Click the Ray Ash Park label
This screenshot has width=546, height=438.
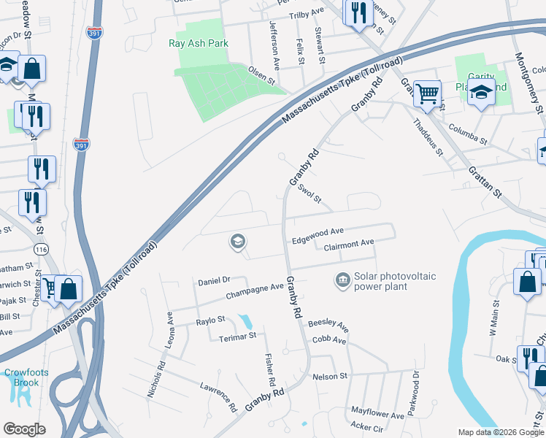click(199, 43)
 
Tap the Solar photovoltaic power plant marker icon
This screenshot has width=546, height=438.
click(342, 280)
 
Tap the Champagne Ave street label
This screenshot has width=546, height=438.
click(254, 288)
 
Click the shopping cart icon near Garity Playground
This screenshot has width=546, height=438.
click(427, 93)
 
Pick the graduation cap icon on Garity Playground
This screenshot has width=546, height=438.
click(481, 93)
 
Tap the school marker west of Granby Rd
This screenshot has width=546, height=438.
click(237, 241)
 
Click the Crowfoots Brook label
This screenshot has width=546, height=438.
click(26, 377)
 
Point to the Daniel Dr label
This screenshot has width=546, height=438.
click(214, 280)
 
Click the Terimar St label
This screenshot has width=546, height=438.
click(238, 336)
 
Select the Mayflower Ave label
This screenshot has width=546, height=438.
click(377, 415)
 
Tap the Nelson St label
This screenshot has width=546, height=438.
click(330, 377)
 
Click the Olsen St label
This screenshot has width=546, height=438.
click(264, 74)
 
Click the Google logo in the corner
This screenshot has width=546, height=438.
click(24, 429)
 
